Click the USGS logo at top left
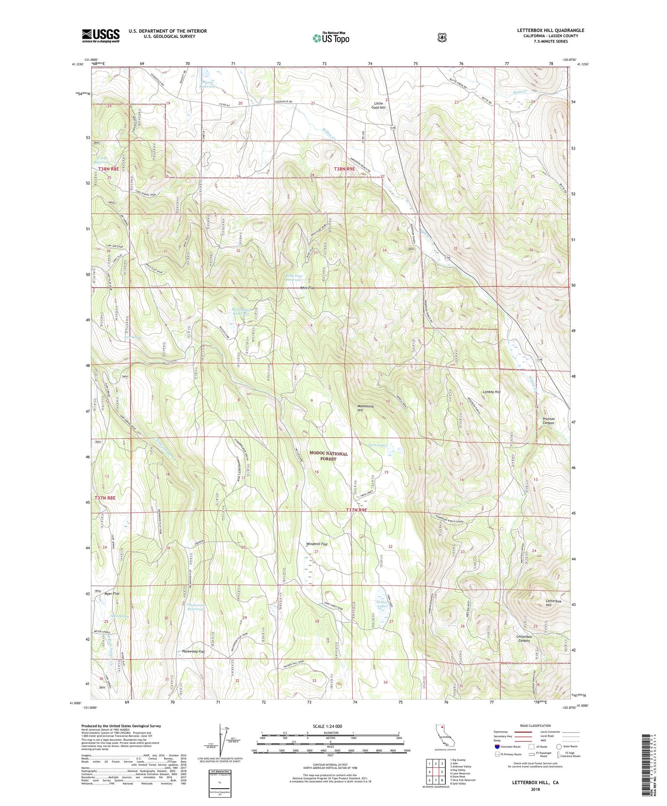point(100,36)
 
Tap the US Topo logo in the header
point(331,38)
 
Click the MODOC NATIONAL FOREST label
point(329,456)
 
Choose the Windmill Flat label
point(317,544)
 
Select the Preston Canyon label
point(548,421)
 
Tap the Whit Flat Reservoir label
point(293,278)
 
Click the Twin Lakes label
point(378,445)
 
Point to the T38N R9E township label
point(346,169)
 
